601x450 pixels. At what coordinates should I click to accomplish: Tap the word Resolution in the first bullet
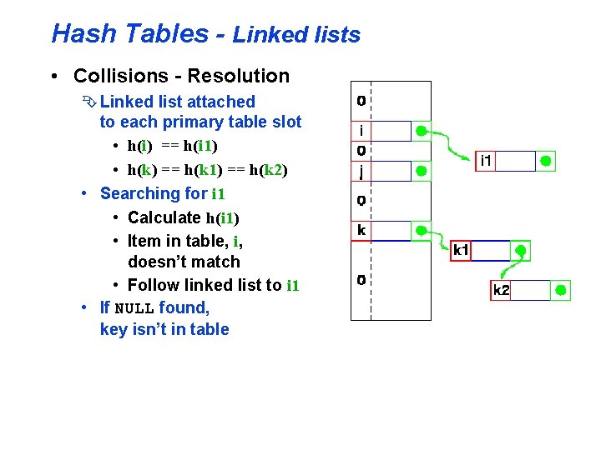coord(239,76)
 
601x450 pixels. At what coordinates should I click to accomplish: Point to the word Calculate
coord(164,217)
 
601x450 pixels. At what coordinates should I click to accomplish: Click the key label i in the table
coord(361,131)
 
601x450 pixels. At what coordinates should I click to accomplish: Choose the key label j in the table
coord(361,171)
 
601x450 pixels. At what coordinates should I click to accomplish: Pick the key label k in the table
coord(361,230)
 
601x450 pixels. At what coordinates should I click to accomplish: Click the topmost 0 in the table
coord(361,101)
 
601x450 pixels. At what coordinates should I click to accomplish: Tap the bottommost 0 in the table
coord(361,280)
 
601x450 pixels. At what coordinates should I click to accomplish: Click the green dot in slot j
coord(422,171)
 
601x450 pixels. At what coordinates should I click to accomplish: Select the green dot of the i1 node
coord(545,161)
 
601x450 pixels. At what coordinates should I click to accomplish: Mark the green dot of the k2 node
coord(561,290)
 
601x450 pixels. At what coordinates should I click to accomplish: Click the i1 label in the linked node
coord(485,161)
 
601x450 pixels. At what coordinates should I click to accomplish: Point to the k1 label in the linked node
coord(461,250)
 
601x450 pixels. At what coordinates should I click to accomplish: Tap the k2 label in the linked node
coord(501,290)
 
